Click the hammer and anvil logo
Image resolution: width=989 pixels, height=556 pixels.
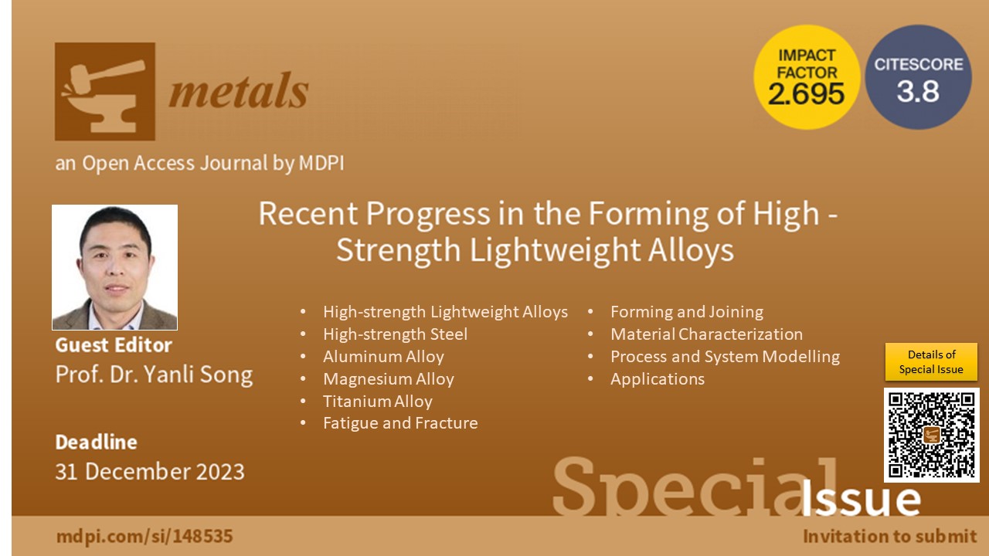(104, 91)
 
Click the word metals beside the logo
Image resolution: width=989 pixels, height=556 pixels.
(239, 91)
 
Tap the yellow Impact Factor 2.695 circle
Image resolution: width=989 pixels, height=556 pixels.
(807, 77)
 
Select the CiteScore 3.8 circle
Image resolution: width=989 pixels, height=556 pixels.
(919, 77)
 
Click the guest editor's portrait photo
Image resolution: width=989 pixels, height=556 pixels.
(115, 267)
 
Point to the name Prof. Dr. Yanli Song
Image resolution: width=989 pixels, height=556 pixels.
(154, 375)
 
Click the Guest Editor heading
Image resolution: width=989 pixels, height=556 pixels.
(114, 345)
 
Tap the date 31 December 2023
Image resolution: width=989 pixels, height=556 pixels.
(150, 471)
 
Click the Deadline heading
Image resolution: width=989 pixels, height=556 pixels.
(97, 442)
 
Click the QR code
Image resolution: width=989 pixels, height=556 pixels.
(931, 435)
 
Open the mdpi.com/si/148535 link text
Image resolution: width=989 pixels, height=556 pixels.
(144, 537)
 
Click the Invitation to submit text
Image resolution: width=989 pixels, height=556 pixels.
(889, 537)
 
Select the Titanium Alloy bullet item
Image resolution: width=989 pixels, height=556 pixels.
(378, 401)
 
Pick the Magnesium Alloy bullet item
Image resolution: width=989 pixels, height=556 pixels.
(389, 379)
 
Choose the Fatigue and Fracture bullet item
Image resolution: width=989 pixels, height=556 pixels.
(400, 423)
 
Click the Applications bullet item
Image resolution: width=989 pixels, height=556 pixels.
(658, 379)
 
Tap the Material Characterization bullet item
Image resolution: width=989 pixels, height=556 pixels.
(706, 334)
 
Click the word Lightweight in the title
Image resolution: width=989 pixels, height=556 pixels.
(555, 250)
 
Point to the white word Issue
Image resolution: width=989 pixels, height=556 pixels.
(861, 499)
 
